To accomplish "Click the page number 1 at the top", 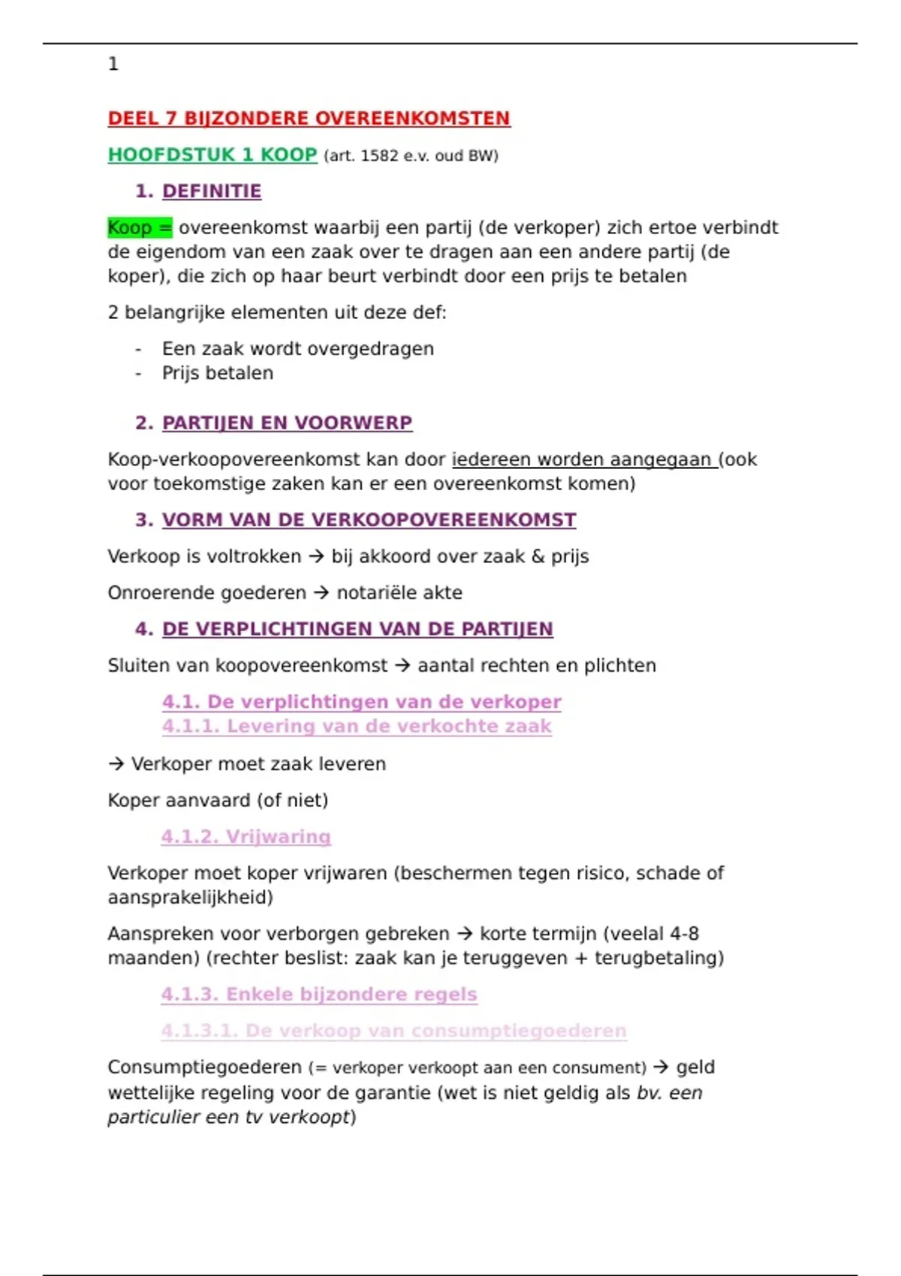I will tap(113, 65).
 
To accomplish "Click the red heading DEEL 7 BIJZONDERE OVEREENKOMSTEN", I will tap(309, 119).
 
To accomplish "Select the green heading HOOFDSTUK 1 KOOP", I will tap(212, 155).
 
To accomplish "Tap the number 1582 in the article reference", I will tap(380, 156).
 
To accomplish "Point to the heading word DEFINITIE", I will tap(212, 191).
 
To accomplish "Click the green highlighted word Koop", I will tap(130, 227).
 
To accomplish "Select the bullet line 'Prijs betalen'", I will tap(218, 373).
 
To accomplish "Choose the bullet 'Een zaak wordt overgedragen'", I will tap(297, 349).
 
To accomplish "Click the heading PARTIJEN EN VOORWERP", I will tap(287, 423).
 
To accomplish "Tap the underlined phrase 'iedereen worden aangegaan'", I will tap(583, 459).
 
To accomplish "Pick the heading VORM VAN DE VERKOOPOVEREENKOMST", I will tap(369, 520).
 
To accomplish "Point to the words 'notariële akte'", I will tap(399, 593).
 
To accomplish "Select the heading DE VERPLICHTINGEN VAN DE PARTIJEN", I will tap(357, 629).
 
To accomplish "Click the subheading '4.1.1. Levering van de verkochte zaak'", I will tap(357, 727).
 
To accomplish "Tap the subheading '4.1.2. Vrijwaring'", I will tap(246, 837).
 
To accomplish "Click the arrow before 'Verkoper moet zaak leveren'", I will tap(116, 764).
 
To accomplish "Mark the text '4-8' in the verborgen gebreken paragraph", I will tap(684, 934).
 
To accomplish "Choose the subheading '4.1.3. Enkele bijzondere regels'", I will tap(319, 995).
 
